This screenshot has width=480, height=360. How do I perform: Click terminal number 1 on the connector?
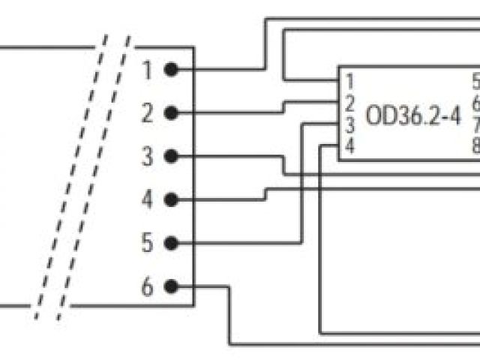coord(147,70)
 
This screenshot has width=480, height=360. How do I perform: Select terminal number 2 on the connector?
coord(147,114)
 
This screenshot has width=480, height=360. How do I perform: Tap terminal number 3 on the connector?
coord(147,157)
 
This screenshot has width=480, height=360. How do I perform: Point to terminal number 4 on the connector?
coord(147,200)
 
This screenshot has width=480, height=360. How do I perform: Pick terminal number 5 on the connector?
coord(147,244)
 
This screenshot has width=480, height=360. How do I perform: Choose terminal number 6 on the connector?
coord(147,287)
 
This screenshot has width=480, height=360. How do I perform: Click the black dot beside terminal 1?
coord(171,70)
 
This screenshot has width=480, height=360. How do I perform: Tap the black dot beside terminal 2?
coord(171,113)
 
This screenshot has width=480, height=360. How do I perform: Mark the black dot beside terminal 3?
coord(171,157)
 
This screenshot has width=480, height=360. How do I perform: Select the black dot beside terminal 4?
coord(171,200)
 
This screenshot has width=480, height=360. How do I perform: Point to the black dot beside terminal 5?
coord(171,244)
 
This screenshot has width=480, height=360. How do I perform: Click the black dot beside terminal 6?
coord(171,286)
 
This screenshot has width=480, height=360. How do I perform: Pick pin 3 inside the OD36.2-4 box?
coord(350,124)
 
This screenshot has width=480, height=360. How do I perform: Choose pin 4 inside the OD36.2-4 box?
coord(350,145)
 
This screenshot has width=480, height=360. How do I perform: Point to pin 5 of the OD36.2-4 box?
coord(475,80)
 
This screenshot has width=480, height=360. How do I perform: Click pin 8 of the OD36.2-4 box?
coord(475,145)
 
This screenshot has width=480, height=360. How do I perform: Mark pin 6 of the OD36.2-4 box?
coord(475,103)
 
